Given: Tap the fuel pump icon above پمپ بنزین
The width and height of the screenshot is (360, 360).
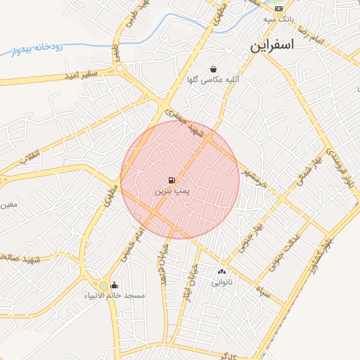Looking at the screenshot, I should [x=173, y=180].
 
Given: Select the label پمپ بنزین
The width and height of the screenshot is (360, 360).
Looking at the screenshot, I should [x=173, y=191].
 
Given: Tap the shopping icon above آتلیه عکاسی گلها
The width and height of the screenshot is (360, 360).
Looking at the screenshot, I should [x=213, y=69].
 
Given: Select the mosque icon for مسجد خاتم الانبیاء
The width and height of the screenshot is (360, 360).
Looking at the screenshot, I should [x=114, y=285].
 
